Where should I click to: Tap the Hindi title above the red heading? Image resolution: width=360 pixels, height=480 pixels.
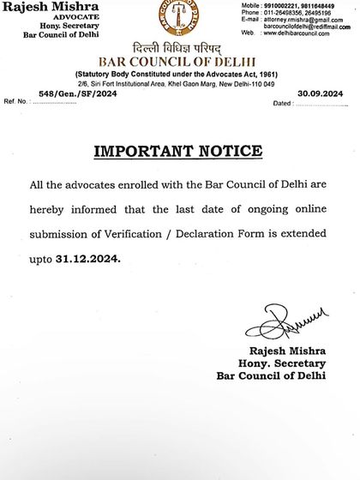[179, 48]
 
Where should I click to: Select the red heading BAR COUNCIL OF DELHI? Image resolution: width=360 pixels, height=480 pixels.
[179, 63]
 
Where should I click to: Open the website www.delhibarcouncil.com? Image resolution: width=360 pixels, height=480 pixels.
[299, 33]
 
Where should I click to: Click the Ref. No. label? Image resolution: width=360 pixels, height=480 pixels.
[15, 102]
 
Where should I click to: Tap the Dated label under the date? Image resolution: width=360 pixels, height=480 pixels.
[282, 103]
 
